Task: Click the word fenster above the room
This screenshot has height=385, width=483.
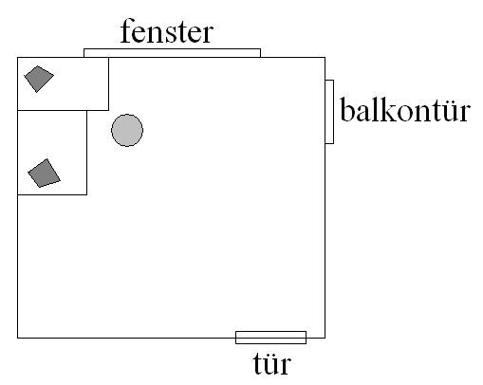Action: coord(167,30)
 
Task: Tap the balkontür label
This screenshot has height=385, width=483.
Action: coord(405,109)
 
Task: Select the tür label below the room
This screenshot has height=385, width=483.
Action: coord(272,363)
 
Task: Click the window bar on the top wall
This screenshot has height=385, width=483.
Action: coord(172,53)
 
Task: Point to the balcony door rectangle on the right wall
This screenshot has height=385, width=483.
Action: coord(329,112)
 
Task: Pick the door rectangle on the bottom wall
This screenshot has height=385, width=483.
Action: coord(270,338)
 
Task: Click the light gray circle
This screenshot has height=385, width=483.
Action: coord(127,130)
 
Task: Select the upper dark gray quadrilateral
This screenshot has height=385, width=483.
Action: coord(39,79)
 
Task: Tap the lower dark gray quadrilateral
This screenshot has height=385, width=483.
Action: coord(44,173)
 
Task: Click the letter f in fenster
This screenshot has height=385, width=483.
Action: coord(127,30)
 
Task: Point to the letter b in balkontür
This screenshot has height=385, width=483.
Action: coord(347,109)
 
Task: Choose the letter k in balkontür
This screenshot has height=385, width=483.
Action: coord(384,109)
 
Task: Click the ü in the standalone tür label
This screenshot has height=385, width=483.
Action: coord(270,365)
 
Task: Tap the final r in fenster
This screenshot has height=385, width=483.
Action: coord(207,34)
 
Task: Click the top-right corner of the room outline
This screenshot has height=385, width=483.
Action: coord(325,58)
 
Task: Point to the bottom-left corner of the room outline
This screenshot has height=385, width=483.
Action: coord(18,338)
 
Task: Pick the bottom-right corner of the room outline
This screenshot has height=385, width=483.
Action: coord(325,338)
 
